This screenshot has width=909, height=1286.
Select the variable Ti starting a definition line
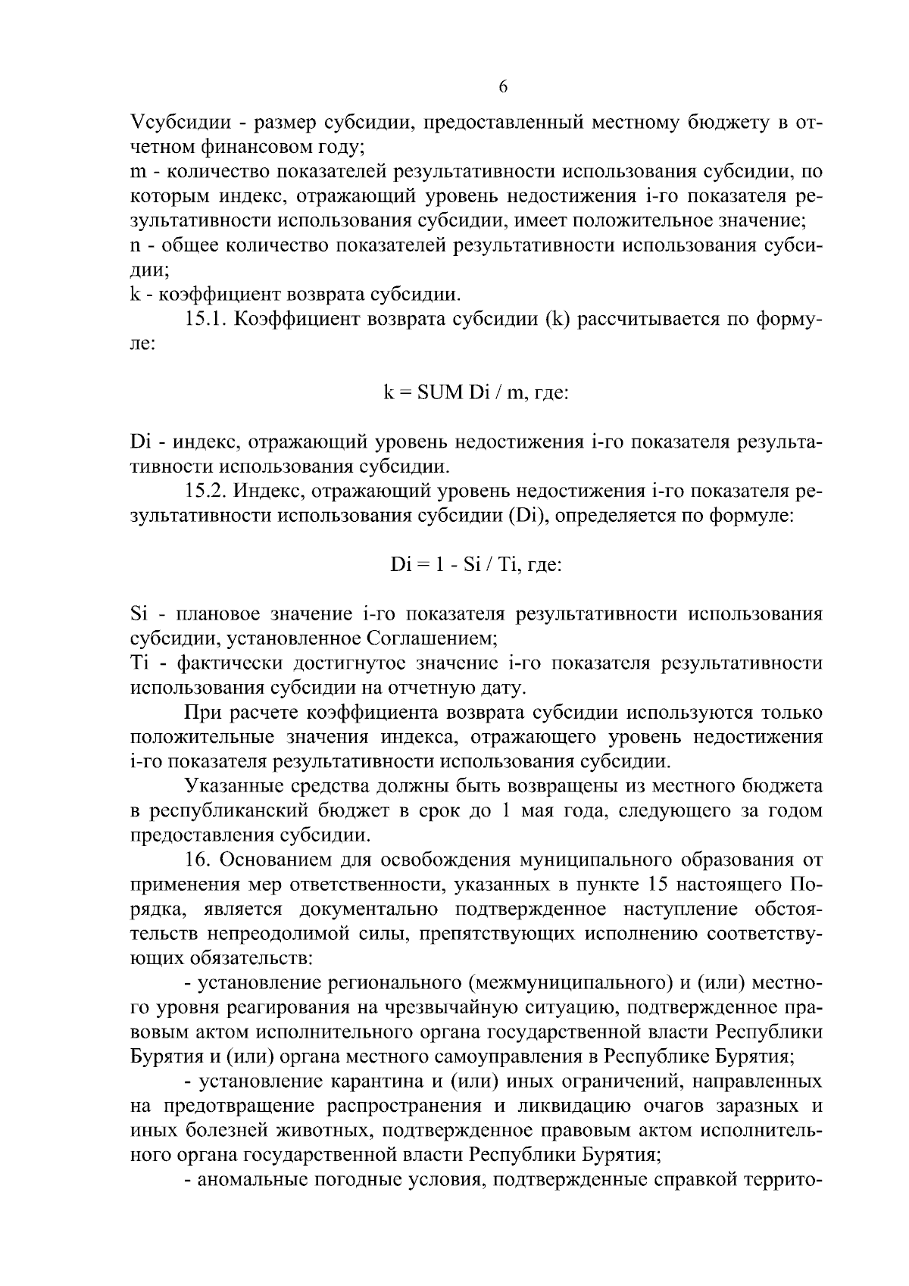click(139, 663)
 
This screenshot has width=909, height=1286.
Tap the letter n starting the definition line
click(136, 246)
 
